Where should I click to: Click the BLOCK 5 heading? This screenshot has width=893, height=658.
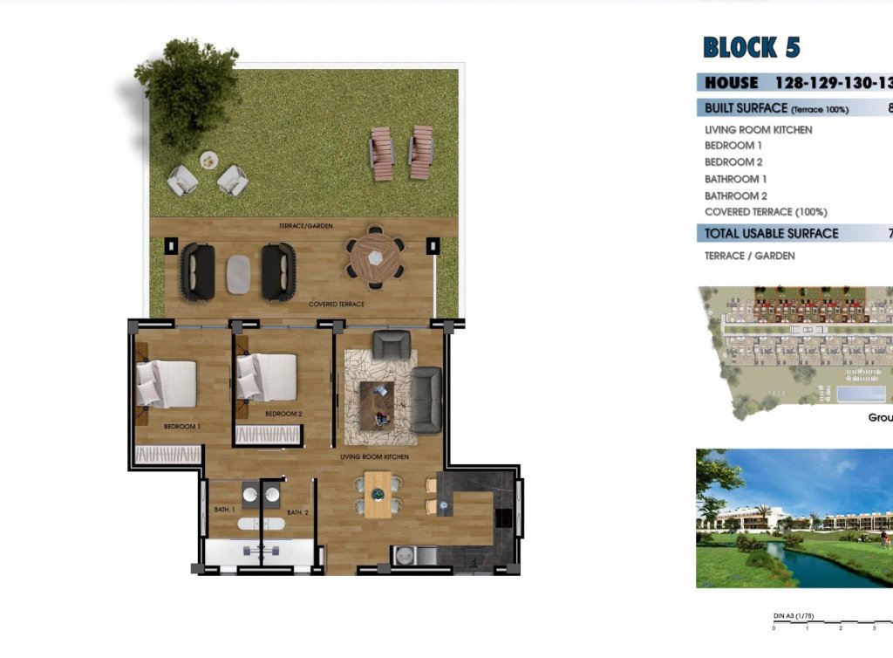tap(751, 47)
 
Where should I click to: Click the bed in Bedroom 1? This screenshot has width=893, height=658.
tap(167, 384)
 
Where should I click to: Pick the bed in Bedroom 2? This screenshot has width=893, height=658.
tap(269, 377)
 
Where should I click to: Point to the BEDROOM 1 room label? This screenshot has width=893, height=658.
tap(182, 427)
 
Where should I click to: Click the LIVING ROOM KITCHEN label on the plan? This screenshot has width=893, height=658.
tap(374, 456)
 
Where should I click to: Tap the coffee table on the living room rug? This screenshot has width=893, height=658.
tap(377, 405)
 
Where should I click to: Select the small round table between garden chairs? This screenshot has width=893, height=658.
tap(208, 160)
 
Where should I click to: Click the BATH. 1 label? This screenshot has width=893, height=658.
tap(224, 509)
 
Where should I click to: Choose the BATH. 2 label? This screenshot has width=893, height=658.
tap(298, 512)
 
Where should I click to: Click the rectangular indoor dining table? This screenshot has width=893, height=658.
tap(378, 495)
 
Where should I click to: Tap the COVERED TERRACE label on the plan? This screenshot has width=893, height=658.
tap(336, 305)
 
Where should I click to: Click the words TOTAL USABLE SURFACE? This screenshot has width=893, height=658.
tap(771, 234)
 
